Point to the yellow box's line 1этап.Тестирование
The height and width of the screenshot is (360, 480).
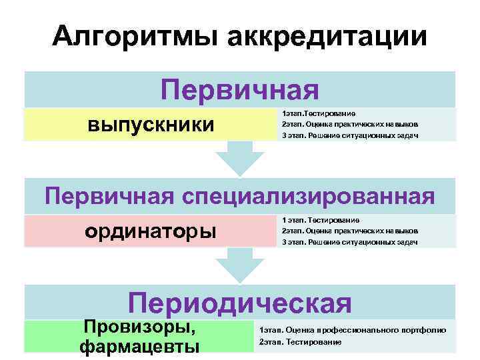(x=319, y=113)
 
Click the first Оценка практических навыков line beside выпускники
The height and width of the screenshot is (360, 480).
(x=350, y=124)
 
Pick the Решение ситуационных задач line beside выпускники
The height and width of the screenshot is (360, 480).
(x=350, y=135)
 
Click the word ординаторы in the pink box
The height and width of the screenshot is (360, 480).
(x=151, y=231)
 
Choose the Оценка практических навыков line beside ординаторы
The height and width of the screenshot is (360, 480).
(x=350, y=231)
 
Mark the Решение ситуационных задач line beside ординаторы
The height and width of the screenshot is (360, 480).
(x=350, y=242)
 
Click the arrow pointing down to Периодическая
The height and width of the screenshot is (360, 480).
(x=240, y=265)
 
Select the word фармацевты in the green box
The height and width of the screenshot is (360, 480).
(x=139, y=346)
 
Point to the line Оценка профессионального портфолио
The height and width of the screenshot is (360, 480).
(x=353, y=330)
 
